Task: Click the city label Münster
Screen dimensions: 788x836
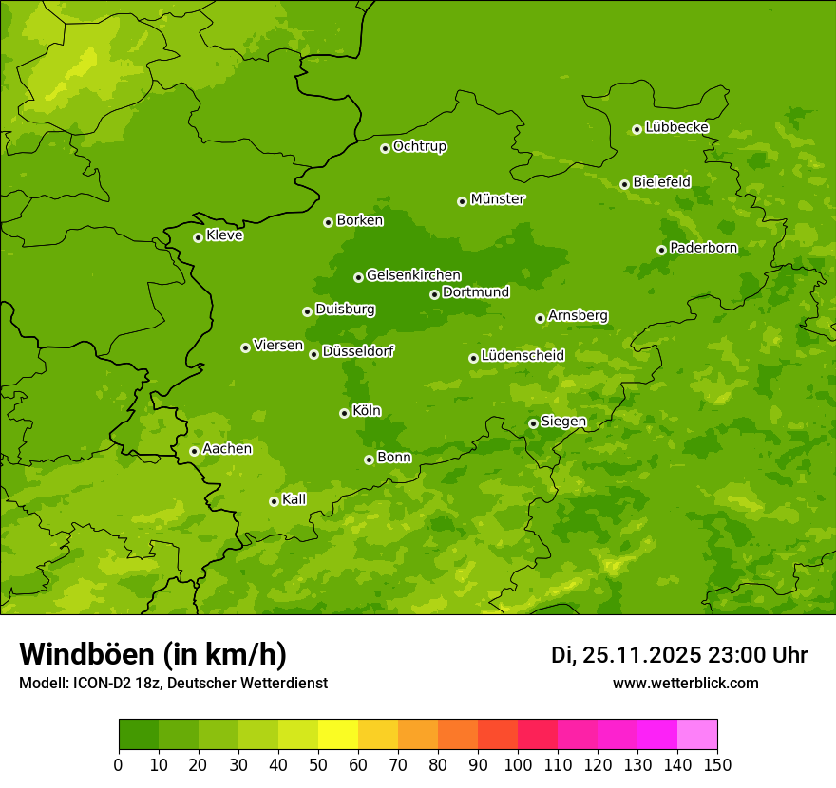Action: pyautogui.click(x=497, y=199)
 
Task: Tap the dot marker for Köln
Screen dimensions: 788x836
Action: pyautogui.click(x=344, y=413)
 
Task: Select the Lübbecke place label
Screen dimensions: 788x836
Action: pyautogui.click(x=676, y=127)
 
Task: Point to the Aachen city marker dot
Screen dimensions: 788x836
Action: pyautogui.click(x=194, y=451)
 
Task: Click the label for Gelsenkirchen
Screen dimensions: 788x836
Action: pyautogui.click(x=413, y=275)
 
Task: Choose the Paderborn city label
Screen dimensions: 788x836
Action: pyautogui.click(x=703, y=248)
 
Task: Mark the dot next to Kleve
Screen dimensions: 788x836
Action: pyautogui.click(x=198, y=237)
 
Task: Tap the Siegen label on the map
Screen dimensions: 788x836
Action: pyautogui.click(x=563, y=422)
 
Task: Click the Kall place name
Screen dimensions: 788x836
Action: pyautogui.click(x=294, y=499)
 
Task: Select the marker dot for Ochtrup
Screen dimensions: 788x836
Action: pyautogui.click(x=385, y=148)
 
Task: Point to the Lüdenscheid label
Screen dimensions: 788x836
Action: pyautogui.click(x=522, y=356)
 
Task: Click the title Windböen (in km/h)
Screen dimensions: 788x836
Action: pyautogui.click(x=153, y=654)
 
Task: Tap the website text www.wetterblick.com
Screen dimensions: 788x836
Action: pyautogui.click(x=685, y=683)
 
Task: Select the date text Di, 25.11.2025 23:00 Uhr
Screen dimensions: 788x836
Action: pyautogui.click(x=679, y=655)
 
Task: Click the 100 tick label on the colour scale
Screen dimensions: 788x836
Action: pyautogui.click(x=518, y=765)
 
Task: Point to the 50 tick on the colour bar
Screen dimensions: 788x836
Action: pyautogui.click(x=318, y=765)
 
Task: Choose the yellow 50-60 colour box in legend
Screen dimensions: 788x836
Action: pyautogui.click(x=338, y=735)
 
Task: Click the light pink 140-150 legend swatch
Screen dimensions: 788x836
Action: pyautogui.click(x=697, y=735)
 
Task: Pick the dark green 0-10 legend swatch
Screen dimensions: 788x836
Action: pyautogui.click(x=139, y=735)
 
